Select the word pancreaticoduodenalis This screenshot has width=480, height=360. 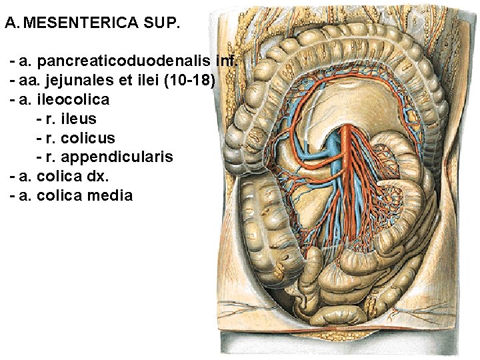pos(125,62)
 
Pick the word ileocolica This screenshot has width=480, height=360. pos(73,100)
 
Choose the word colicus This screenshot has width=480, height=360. pos(88,139)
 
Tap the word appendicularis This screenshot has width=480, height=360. pos(117,157)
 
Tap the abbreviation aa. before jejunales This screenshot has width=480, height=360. pos(28,81)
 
